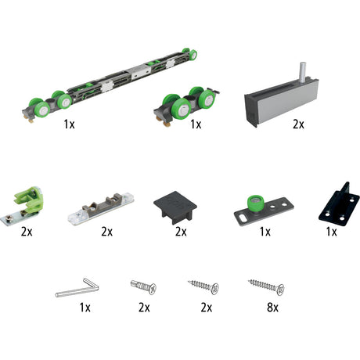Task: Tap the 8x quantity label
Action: click(x=272, y=308)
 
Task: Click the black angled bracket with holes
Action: click(x=340, y=204)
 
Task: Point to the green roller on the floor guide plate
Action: click(x=255, y=203)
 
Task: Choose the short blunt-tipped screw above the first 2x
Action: click(x=143, y=286)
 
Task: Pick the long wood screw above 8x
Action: click(x=266, y=286)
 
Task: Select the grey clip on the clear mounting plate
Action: click(x=103, y=205)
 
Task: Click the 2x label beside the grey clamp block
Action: click(x=298, y=124)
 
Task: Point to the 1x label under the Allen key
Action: click(x=85, y=308)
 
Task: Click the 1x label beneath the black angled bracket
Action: click(x=332, y=232)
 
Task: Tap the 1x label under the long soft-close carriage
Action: click(x=70, y=124)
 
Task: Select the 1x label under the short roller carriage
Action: click(x=196, y=124)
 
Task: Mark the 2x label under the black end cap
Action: click(x=181, y=232)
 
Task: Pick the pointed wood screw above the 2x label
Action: click(x=203, y=286)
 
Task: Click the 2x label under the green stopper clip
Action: click(x=27, y=232)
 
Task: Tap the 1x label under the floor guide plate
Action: click(x=265, y=232)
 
